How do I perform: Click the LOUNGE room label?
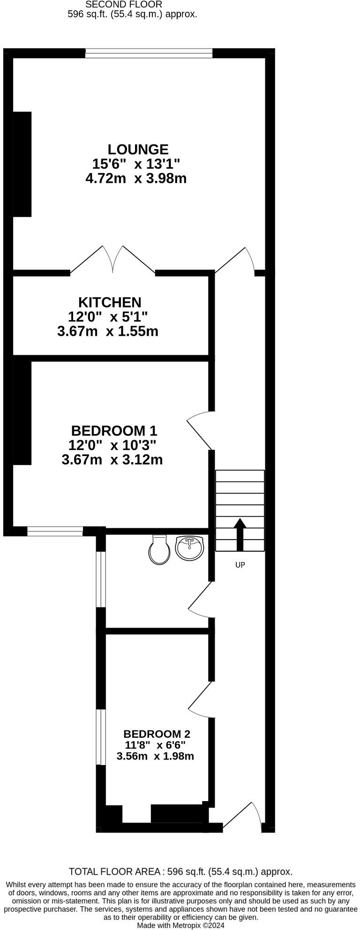[138, 150]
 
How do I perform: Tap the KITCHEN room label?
[110, 302]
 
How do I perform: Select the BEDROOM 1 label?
[114, 430]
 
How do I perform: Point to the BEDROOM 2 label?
[157, 734]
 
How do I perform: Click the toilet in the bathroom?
[159, 549]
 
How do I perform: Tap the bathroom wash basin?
[189, 548]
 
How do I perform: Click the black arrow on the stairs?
[240, 534]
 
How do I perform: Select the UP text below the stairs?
[240, 565]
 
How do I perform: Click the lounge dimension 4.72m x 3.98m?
[136, 179]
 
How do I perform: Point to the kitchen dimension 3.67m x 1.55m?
[108, 332]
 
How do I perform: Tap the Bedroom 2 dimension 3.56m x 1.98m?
[155, 756]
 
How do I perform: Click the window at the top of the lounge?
[149, 53]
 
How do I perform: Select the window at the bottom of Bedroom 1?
[55, 531]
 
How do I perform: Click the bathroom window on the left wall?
[100, 579]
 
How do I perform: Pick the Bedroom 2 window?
[100, 737]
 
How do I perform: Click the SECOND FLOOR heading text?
[124, 5]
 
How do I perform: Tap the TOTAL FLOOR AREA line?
[180, 871]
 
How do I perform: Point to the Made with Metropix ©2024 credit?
[180, 925]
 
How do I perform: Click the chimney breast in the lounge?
[22, 164]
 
